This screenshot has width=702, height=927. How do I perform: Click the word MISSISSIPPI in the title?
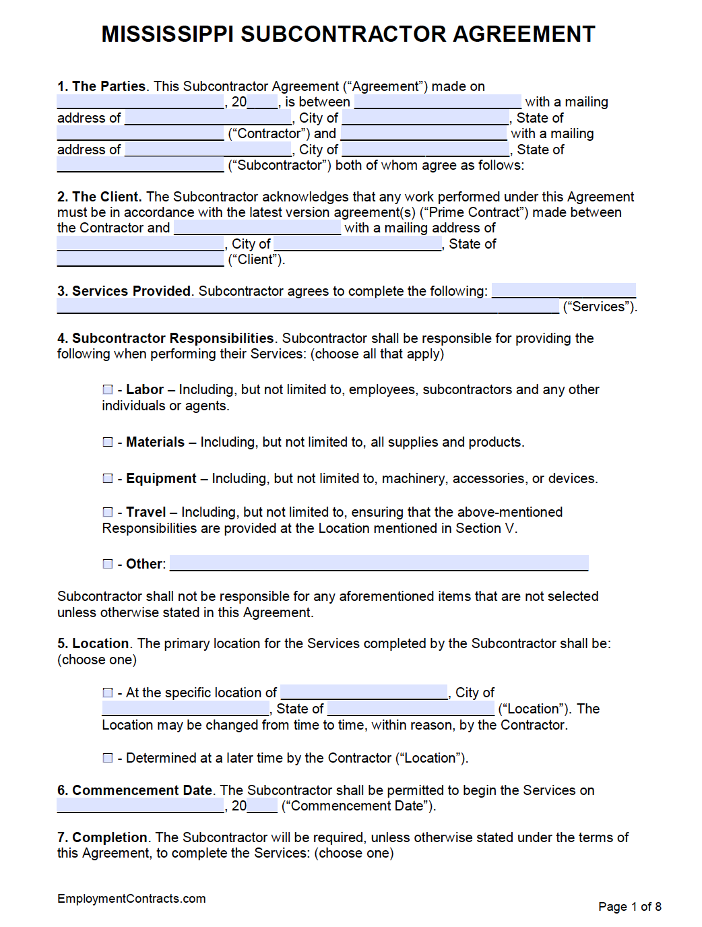tap(168, 34)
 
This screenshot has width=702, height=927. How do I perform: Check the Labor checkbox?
tap(108, 389)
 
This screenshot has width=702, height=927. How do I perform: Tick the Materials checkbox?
tap(108, 442)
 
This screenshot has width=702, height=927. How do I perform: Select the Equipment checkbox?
tap(108, 478)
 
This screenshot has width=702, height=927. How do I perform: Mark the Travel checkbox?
tap(108, 512)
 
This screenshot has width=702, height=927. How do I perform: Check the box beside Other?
tap(108, 564)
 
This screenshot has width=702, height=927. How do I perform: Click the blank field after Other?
tap(379, 563)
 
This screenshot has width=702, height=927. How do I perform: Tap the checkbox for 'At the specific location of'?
tap(108, 693)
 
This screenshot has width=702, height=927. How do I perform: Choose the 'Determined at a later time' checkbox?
tap(108, 758)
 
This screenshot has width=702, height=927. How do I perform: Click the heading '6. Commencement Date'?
tap(135, 790)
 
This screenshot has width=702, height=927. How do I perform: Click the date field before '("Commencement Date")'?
tap(140, 806)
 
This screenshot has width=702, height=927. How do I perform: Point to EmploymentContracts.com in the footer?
tap(131, 899)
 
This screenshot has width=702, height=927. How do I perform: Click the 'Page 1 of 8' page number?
tap(629, 907)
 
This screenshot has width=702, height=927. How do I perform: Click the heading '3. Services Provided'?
tap(125, 291)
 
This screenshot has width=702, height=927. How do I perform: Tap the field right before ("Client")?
tap(140, 259)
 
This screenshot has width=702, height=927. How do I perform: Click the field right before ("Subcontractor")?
tap(140, 165)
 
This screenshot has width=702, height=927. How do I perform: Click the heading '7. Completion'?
tap(102, 837)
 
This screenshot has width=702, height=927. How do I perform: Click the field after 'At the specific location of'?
tap(364, 693)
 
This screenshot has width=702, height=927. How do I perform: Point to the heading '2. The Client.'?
tap(99, 197)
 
